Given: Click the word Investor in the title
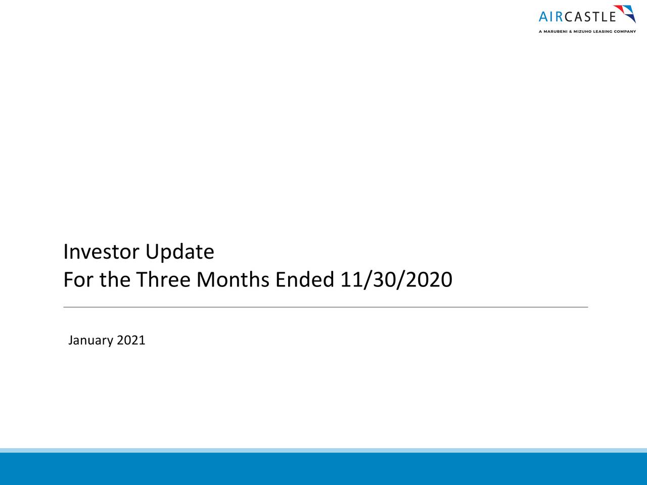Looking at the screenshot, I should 102,252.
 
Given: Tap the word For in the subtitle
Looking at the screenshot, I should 79,280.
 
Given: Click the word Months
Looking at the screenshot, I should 233,280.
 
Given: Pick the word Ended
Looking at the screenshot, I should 305,280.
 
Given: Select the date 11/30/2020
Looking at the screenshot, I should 396,280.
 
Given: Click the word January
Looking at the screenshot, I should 90,341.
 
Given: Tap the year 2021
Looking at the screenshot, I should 131,341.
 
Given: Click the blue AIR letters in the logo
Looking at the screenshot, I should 550,17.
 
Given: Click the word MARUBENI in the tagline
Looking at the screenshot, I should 558,31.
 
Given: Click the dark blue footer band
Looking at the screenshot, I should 323,469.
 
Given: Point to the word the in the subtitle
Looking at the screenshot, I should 115,280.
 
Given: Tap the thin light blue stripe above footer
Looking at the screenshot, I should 323,450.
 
